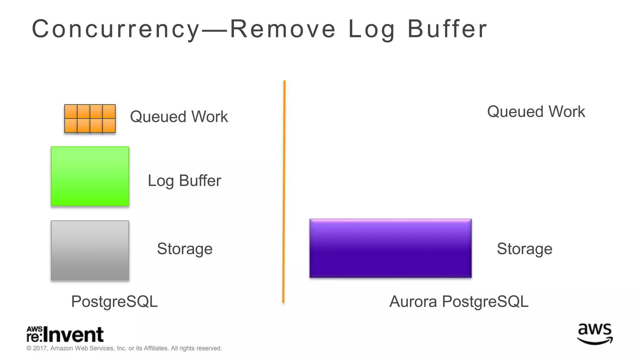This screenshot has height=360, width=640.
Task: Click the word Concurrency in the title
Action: pos(116,29)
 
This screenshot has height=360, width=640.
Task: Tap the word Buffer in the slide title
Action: pos(447,29)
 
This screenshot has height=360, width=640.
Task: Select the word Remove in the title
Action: pos(283,29)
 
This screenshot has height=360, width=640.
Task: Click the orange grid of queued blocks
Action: pos(90,118)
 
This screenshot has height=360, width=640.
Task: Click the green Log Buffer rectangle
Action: pos(90,176)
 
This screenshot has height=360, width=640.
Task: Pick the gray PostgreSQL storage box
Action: pos(90,250)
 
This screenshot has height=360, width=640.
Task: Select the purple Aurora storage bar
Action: pos(390,248)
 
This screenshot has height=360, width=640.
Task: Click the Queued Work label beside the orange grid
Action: pos(179,117)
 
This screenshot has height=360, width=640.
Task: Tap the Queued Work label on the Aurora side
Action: pos(536,112)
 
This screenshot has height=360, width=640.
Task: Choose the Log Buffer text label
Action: pos(184,181)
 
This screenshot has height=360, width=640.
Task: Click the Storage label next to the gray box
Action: pos(185,249)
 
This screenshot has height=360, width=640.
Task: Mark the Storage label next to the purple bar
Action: pos(524,249)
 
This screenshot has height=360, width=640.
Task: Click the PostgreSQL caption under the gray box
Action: pos(114,302)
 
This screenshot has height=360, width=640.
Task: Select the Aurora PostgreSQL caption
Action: pos(459,302)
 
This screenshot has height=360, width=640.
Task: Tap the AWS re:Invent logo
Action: pos(65,334)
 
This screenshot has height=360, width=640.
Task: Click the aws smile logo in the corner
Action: pos(595,334)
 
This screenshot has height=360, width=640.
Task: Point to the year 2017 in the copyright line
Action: pos(40,348)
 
